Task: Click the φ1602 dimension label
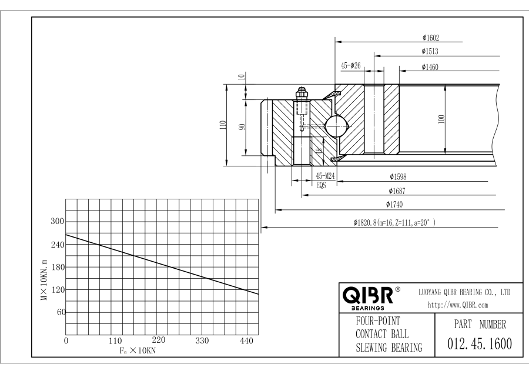pos(431,37)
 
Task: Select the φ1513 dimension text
pos(431,52)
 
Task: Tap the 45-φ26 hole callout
pos(351,66)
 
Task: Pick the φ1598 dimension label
pos(398,176)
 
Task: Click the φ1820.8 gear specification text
pos(394,223)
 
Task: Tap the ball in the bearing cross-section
pos(336,125)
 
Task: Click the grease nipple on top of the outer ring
pos(302,93)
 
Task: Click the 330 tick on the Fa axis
pos(202,340)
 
